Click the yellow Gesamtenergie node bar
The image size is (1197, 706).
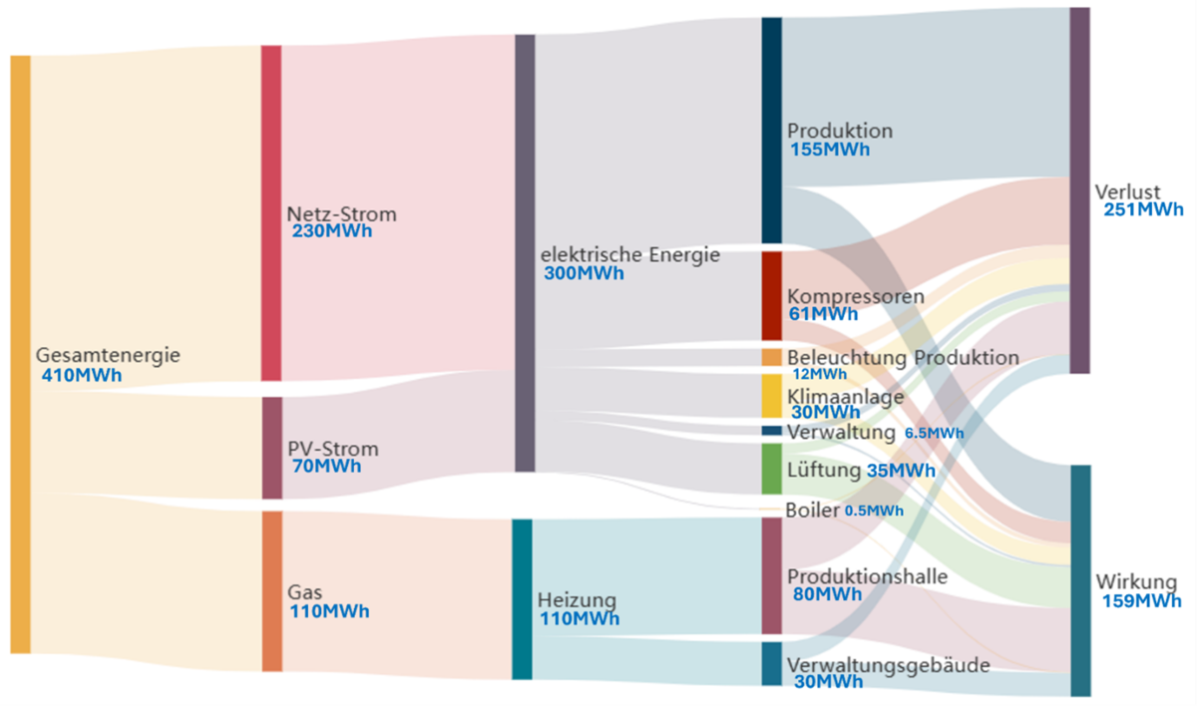tap(20, 354)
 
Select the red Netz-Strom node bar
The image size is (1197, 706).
tap(271, 212)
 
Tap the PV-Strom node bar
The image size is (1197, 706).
tap(271, 448)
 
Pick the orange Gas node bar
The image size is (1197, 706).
tap(271, 590)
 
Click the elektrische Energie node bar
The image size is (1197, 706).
tap(525, 252)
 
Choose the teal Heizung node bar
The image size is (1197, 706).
tap(522, 598)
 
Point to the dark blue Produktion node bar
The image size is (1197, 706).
tap(771, 130)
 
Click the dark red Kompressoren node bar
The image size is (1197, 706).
tap(771, 295)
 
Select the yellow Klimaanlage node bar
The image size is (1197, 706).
tap(771, 396)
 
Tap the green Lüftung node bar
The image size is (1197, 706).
tap(771, 469)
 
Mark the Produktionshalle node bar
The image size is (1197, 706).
tap(771, 575)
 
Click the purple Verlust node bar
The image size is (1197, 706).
tap(1079, 189)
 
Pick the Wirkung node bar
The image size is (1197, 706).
tap(1080, 579)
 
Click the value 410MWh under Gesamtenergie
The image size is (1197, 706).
tap(82, 376)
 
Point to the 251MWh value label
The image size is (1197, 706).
tap(1143, 209)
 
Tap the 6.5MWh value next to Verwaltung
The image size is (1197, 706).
tap(934, 433)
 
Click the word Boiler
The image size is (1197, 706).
tap(812, 510)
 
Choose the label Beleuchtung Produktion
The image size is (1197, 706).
tap(903, 357)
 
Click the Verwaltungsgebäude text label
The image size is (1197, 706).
tap(889, 664)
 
